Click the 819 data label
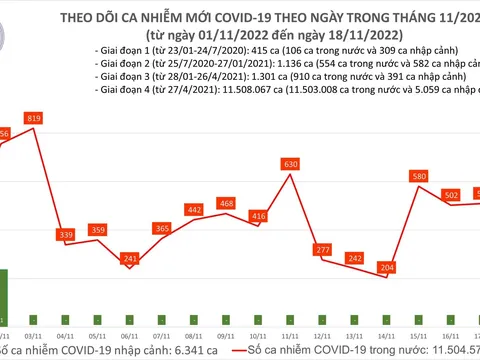pos(35,119)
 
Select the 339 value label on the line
pos(67,235)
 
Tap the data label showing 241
pos(129,258)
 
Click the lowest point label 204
pos(386,268)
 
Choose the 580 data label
pos(419,176)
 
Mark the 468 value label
pos(227,203)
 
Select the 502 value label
pos(451,195)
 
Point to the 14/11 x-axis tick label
pos(386,337)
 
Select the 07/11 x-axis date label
pos(162,337)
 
